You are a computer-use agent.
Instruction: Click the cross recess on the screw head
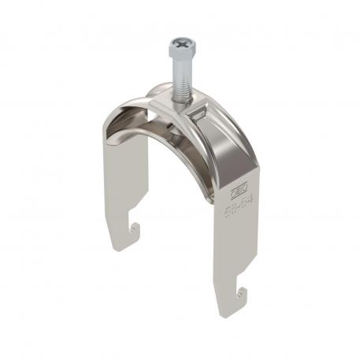180,44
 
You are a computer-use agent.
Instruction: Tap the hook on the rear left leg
135,231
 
